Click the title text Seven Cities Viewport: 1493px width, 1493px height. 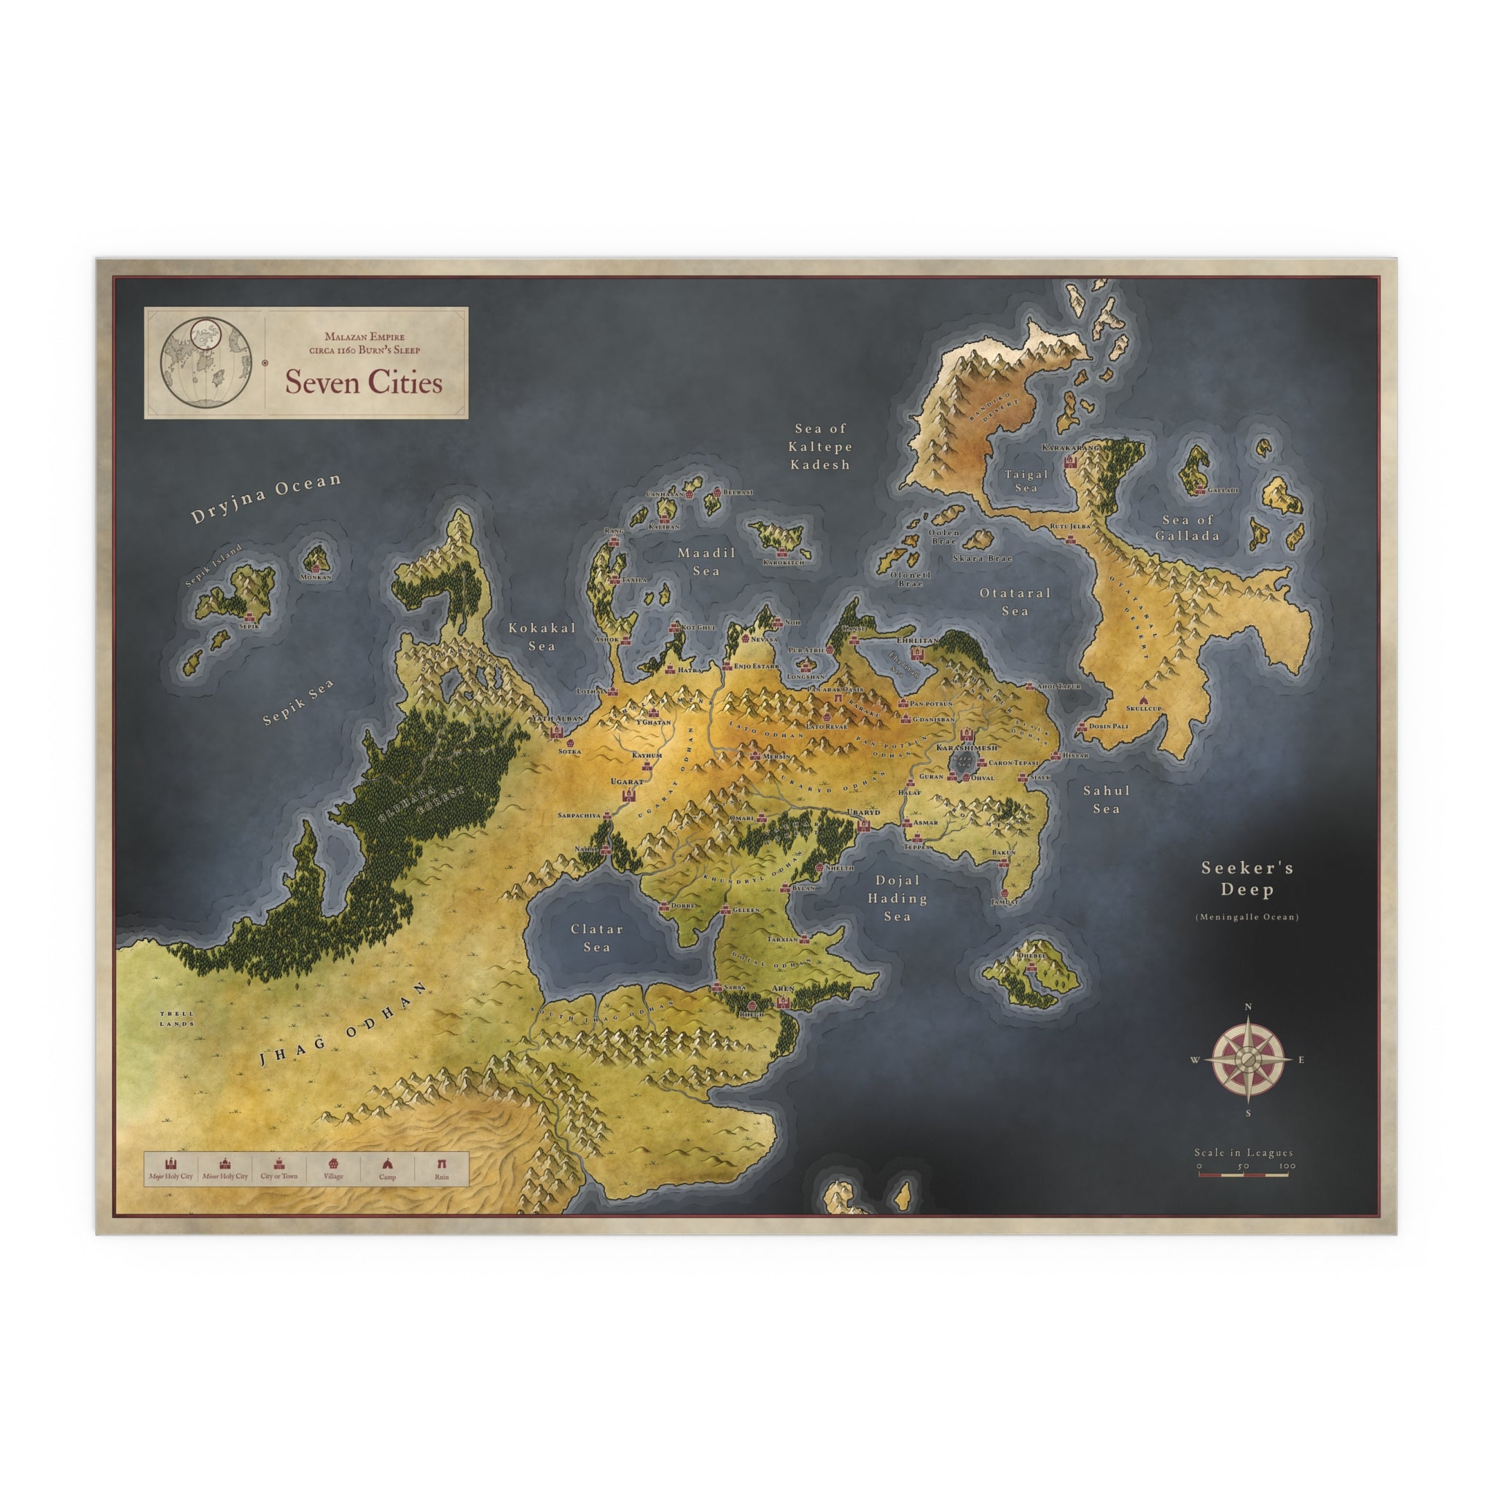pyautogui.click(x=363, y=383)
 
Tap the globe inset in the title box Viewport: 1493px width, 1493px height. pyautogui.click(x=205, y=363)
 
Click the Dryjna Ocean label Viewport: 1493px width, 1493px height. pyautogui.click(x=266, y=498)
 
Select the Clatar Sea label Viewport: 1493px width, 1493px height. pyautogui.click(x=596, y=937)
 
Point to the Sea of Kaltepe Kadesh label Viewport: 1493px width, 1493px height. pyautogui.click(x=820, y=447)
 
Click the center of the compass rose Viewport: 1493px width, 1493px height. pyautogui.click(x=1248, y=1059)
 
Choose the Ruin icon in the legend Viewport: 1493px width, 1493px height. pyautogui.click(x=441, y=1163)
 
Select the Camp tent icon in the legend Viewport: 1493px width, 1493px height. pyautogui.click(x=387, y=1163)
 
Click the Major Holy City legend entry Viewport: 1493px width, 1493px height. pyautogui.click(x=171, y=1169)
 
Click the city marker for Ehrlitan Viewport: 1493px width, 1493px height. pyautogui.click(x=918, y=653)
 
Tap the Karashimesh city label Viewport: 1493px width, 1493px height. pyautogui.click(x=966, y=748)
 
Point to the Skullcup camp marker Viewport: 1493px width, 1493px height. pyautogui.click(x=1142, y=698)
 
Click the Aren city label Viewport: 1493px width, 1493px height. pyautogui.click(x=782, y=989)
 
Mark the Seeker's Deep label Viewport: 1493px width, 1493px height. pyautogui.click(x=1247, y=878)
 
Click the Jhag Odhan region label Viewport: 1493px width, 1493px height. pyautogui.click(x=343, y=1026)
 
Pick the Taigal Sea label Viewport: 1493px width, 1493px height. pyautogui.click(x=1026, y=480)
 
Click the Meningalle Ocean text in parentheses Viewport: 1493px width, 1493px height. pyautogui.click(x=1247, y=917)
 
